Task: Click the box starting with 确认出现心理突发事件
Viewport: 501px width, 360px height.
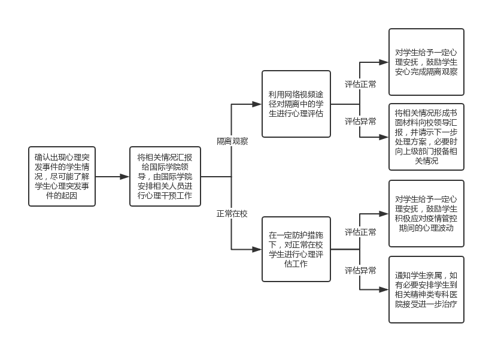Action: [x=62, y=176]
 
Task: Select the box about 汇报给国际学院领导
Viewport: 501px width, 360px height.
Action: [x=165, y=176]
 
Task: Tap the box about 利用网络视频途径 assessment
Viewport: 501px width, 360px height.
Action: [x=296, y=104]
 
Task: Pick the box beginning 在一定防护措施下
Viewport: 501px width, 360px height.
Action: [x=296, y=249]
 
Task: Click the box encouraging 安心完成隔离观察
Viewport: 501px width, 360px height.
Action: [x=426, y=62]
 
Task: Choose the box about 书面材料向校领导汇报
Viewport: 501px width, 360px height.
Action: [x=426, y=137]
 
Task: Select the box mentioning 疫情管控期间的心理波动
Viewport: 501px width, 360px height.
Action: [x=426, y=213]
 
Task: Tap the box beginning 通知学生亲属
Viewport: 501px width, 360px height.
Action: [x=426, y=289]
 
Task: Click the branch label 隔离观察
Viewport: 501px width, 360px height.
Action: [x=232, y=141]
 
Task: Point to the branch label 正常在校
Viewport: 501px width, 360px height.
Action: [x=232, y=213]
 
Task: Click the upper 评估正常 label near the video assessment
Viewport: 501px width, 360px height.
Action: [x=360, y=84]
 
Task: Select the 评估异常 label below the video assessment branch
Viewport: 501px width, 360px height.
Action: [x=360, y=122]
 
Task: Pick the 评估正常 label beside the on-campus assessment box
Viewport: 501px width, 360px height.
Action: [x=360, y=232]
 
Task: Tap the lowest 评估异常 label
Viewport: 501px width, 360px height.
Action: [x=360, y=270]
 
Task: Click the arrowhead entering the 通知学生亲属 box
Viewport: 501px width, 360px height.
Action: [x=384, y=289]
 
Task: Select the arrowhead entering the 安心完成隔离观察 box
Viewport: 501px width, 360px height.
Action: [x=384, y=62]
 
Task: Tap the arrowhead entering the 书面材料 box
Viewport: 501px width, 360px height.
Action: [x=384, y=137]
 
